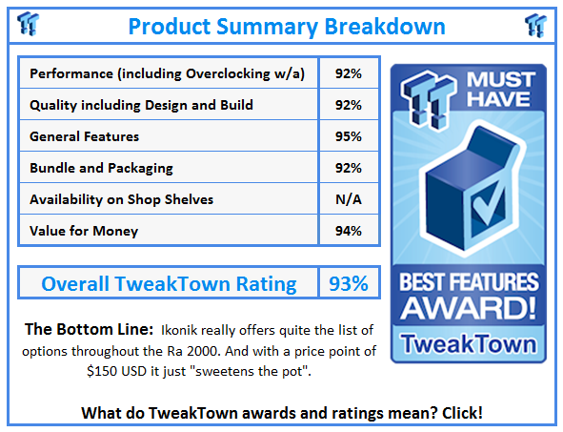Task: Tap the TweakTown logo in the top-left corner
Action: [30, 23]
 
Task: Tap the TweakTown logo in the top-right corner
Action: [535, 24]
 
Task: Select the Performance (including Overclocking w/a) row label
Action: [167, 73]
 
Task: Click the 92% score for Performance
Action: [348, 73]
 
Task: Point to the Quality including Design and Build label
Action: [141, 105]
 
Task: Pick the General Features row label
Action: [84, 136]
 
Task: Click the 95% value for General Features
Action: [348, 136]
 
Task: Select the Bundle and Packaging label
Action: [101, 168]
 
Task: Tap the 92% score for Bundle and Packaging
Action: [348, 168]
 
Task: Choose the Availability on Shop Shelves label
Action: [121, 198]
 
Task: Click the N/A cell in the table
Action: [348, 198]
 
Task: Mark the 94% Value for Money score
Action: [348, 230]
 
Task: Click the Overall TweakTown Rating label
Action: [169, 283]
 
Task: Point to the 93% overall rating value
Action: [348, 283]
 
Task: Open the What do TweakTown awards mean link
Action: [281, 413]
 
